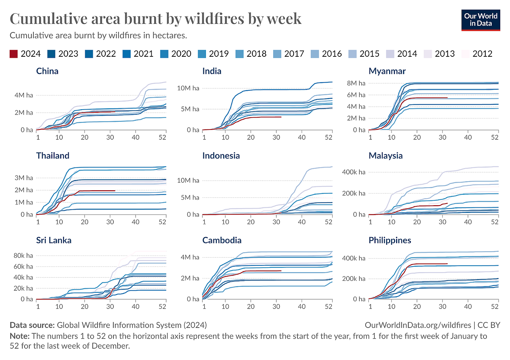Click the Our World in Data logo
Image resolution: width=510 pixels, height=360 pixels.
[481, 20]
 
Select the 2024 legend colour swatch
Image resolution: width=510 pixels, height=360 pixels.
[13, 54]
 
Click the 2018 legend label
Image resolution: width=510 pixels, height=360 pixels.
[256, 54]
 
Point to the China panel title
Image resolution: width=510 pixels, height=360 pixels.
[47, 71]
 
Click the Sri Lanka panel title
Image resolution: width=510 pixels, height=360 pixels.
[54, 240]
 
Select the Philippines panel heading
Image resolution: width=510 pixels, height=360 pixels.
[390, 240]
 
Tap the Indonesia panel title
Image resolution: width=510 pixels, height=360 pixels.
[221, 156]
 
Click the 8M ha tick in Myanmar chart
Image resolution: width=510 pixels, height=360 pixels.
[356, 83]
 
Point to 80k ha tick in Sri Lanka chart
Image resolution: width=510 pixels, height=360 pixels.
[23, 256]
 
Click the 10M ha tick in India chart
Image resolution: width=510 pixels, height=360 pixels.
[188, 88]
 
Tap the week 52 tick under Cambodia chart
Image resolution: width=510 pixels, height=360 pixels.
[329, 306]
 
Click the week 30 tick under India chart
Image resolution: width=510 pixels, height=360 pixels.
[276, 137]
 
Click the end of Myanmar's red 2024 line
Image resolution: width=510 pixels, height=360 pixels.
[447, 98]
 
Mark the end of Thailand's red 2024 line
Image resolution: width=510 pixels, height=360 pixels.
[115, 191]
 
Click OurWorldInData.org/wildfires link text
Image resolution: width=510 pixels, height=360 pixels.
[418, 325]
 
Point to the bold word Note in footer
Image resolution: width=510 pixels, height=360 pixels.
[19, 336]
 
